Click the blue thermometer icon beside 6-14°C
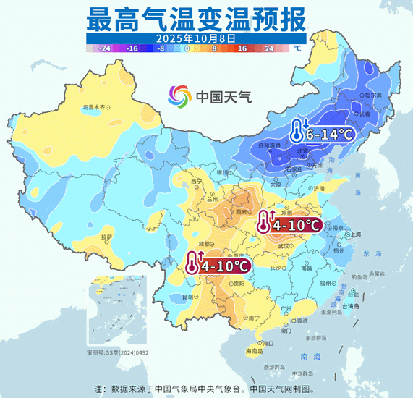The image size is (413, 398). click(x=296, y=132)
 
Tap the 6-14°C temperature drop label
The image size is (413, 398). click(x=328, y=134)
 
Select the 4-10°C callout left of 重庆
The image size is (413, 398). click(x=226, y=266)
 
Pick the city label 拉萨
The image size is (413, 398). click(x=107, y=237)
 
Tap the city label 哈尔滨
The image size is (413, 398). click(x=372, y=94)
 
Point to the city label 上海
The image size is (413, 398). click(x=355, y=234)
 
